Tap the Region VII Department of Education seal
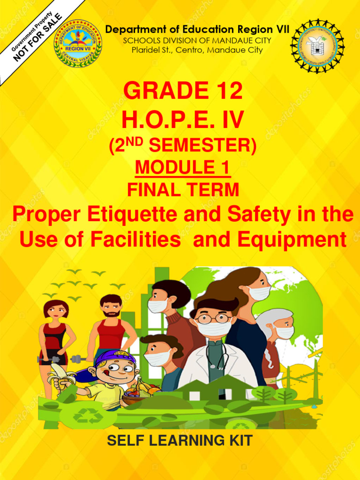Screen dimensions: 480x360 pos(78,43)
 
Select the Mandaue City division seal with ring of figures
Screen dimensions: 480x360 pos(317,45)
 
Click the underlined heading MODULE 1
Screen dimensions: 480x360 pos(183,167)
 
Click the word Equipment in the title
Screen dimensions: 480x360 pos(292,240)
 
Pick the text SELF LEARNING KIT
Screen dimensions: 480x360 pos(180,441)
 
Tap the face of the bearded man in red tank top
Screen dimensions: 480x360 pos(111,307)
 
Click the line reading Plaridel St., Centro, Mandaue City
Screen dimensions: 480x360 pos(197,50)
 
